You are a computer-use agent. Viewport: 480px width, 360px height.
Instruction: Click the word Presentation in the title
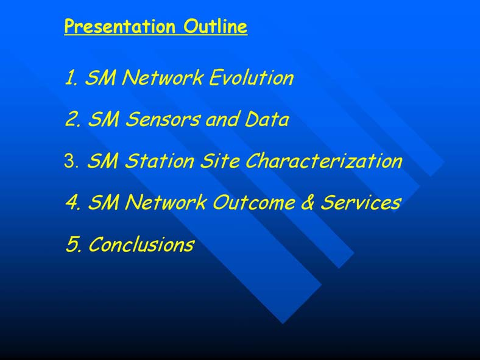[x=119, y=27]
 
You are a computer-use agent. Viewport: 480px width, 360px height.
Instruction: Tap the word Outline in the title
[x=215, y=26]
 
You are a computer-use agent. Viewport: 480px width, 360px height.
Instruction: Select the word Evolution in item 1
[x=252, y=77]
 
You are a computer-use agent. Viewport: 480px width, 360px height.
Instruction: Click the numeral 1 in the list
[x=71, y=77]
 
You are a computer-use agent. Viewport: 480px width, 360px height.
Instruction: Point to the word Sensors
[x=162, y=119]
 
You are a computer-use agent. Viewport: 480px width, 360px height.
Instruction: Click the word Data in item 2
[x=267, y=119]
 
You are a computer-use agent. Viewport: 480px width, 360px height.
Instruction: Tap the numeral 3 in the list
[x=71, y=161]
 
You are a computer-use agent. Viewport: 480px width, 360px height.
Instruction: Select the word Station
[x=159, y=161]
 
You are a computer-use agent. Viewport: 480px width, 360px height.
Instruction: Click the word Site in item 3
[x=220, y=161]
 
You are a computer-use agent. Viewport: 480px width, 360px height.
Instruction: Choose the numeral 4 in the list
[x=73, y=202]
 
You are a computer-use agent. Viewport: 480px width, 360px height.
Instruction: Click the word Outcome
[x=253, y=202]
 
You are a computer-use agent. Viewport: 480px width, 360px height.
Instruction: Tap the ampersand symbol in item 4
[x=308, y=202]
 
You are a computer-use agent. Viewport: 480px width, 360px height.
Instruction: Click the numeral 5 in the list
[x=74, y=244]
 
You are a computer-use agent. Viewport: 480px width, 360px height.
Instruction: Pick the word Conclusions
[x=141, y=244]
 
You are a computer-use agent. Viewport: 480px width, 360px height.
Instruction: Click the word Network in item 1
[x=162, y=77]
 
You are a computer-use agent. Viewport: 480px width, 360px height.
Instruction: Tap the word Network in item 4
[x=166, y=202]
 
